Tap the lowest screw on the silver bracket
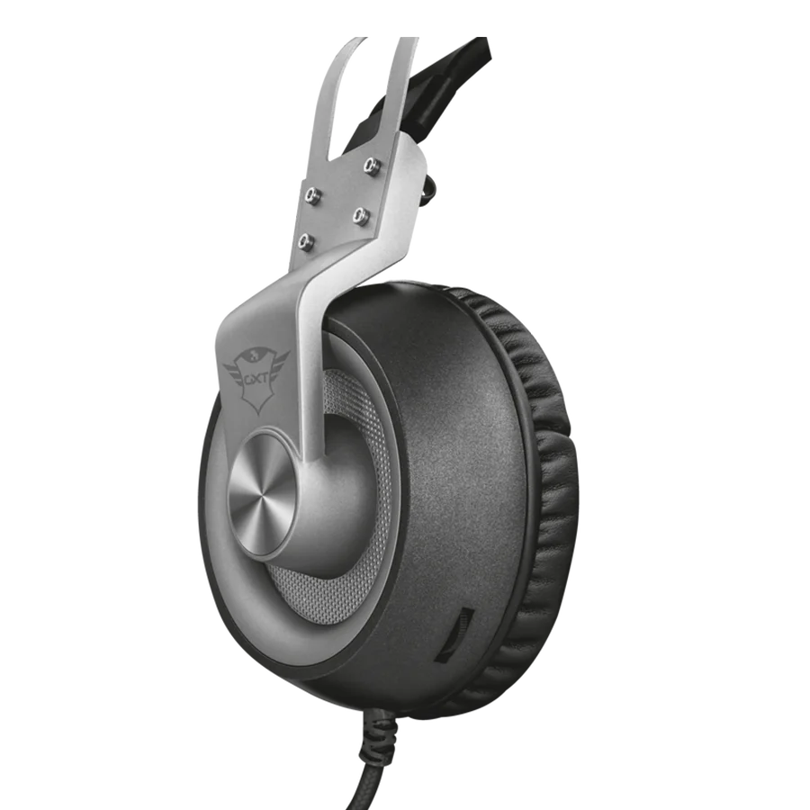click(309, 240)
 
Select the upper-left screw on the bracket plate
click(312, 194)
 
